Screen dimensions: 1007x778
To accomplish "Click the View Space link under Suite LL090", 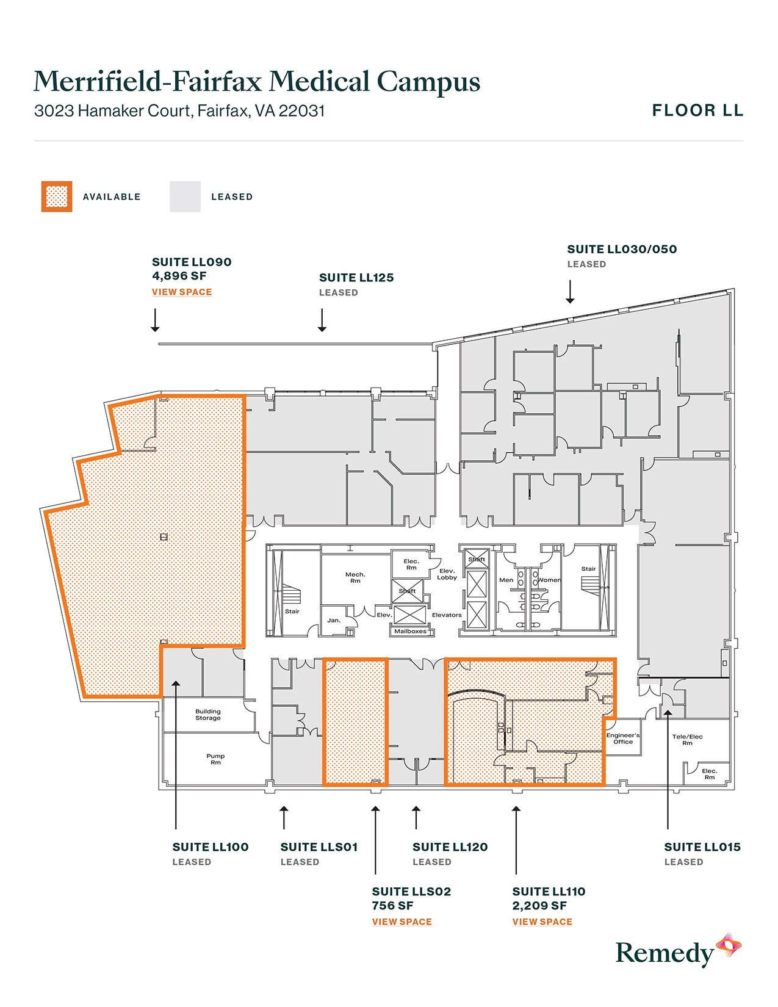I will [182, 292].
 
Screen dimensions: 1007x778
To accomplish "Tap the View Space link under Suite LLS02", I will [402, 922].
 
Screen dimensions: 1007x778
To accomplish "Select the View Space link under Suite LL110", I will [542, 922].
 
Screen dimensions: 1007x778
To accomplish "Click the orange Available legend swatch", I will [57, 197].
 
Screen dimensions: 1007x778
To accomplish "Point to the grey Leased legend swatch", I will [185, 197].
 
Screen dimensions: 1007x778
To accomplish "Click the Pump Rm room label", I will [215, 759].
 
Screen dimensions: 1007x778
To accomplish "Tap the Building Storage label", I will [208, 715].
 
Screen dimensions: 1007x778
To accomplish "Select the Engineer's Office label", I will [622, 738].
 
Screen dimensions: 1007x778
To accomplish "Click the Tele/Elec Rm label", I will [687, 740].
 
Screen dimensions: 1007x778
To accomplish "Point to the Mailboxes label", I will [410, 632].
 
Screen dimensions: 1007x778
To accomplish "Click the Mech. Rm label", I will [355, 577].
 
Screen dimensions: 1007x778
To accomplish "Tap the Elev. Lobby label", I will [447, 574].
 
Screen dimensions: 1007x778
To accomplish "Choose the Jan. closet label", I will [334, 620].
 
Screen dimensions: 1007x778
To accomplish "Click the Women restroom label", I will [549, 580].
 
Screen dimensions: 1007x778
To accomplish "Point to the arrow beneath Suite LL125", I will [322, 320].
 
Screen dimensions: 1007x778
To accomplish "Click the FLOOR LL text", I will [697, 110].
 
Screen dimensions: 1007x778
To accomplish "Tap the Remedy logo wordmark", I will [664, 953].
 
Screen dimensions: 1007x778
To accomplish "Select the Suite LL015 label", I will [702, 847].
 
